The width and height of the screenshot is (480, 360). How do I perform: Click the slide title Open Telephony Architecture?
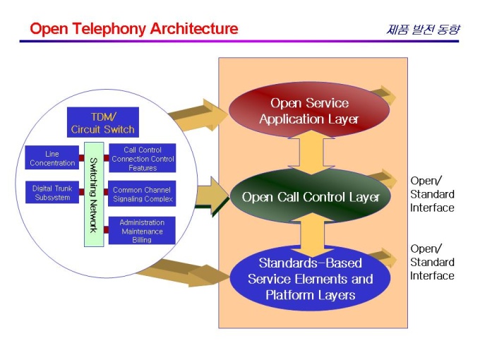click(x=133, y=29)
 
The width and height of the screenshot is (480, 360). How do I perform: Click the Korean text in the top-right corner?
click(x=423, y=30)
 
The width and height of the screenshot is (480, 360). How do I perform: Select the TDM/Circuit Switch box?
click(x=103, y=122)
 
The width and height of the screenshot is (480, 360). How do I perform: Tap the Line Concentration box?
click(x=52, y=159)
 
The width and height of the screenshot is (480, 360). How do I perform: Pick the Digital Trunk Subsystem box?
click(x=52, y=193)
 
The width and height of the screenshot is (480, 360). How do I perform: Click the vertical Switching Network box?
click(x=94, y=194)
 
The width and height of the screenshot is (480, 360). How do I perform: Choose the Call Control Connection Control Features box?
click(x=143, y=159)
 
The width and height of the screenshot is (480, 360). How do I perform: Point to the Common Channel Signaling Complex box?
click(x=143, y=194)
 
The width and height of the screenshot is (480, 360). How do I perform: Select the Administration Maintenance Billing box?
click(x=142, y=231)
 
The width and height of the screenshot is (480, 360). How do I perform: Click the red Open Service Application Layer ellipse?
click(x=309, y=111)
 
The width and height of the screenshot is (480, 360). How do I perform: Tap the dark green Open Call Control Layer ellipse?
click(x=311, y=197)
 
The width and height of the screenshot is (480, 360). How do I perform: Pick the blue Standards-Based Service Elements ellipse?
click(x=311, y=279)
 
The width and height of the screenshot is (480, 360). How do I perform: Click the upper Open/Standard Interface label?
click(x=432, y=194)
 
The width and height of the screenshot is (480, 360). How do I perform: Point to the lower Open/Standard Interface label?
click(x=432, y=262)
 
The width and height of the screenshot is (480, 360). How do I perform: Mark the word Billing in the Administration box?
click(x=142, y=239)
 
